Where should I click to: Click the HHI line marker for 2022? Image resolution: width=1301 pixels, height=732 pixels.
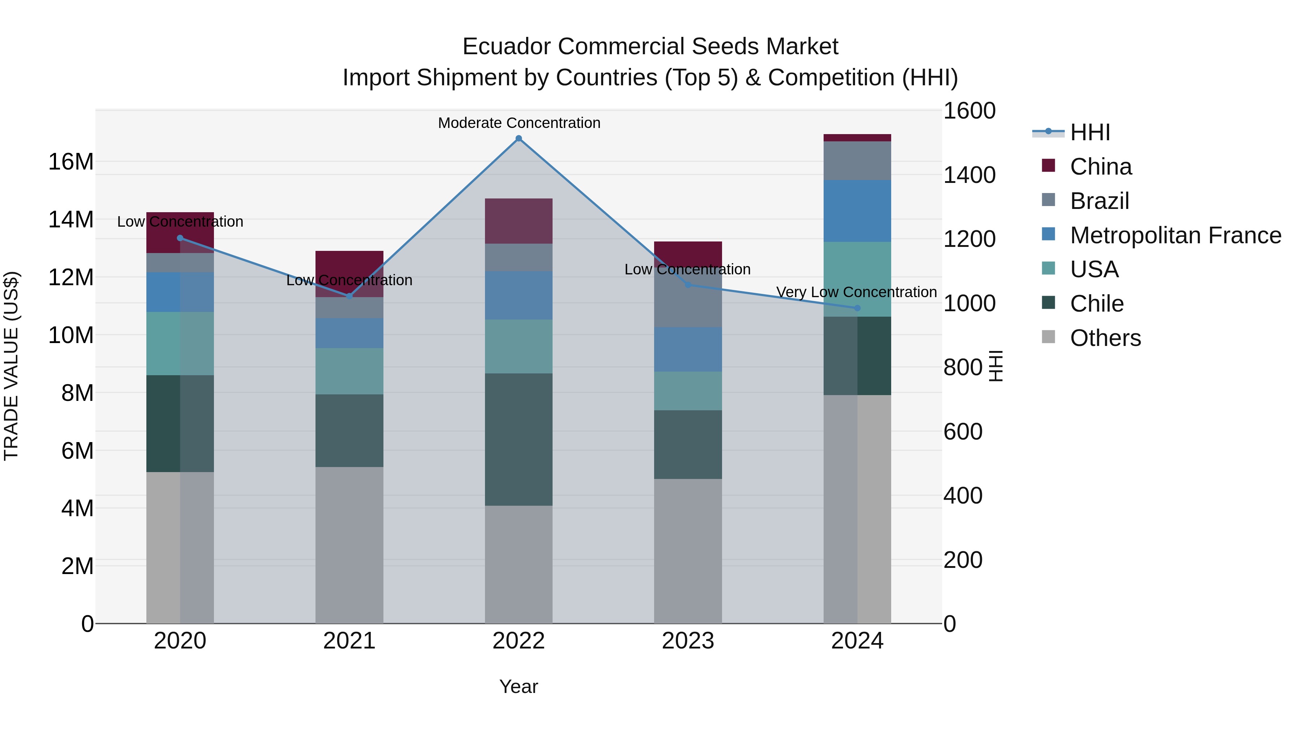[x=519, y=138]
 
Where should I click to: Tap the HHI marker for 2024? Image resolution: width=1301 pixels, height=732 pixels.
[x=857, y=308]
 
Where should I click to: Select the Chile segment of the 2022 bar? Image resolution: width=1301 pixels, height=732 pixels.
[x=519, y=440]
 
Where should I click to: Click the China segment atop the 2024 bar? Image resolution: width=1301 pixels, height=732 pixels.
[x=857, y=138]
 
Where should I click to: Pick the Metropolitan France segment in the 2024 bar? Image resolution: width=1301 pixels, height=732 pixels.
[x=857, y=211]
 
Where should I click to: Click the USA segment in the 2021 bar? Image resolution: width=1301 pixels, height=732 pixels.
[x=349, y=371]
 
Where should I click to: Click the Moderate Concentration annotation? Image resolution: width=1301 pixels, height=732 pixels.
[x=519, y=123]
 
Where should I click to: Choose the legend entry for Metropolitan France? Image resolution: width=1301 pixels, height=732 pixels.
[x=1175, y=235]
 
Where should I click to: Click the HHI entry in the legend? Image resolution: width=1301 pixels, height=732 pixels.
[x=1090, y=132]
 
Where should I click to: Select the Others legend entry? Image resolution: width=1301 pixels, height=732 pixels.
[x=1105, y=338]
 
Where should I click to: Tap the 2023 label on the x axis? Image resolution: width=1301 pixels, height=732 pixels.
[x=688, y=641]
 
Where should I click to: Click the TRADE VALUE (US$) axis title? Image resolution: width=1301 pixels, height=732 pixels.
[x=12, y=366]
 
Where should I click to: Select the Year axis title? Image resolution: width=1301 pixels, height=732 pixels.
[x=519, y=686]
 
